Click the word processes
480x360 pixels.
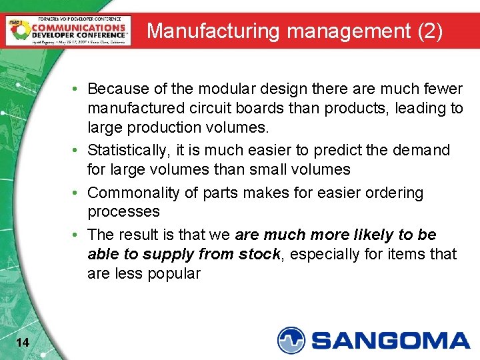pyautogui.click(x=123, y=212)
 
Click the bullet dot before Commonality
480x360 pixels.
pyautogui.click(x=79, y=193)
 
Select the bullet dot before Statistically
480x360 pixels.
pyautogui.click(x=79, y=150)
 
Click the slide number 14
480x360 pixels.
pyautogui.click(x=22, y=343)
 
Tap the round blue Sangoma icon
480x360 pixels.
pyautogui.click(x=291, y=340)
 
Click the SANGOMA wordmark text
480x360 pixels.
pyautogui.click(x=391, y=341)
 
